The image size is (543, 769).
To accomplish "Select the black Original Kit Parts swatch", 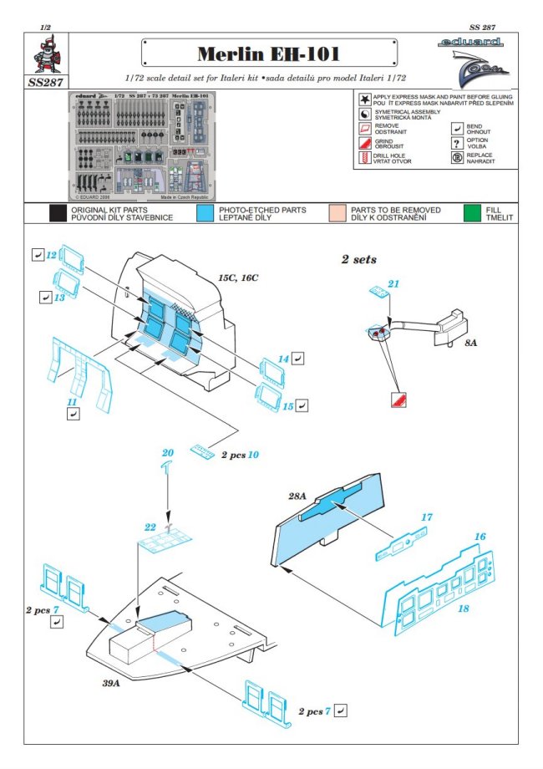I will [58, 213].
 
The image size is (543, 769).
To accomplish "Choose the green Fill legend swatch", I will [474, 213].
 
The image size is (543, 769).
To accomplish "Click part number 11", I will [73, 402].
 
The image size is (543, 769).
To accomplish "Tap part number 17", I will [426, 518].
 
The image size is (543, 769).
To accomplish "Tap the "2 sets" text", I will [358, 260].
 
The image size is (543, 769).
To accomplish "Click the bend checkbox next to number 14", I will [299, 358].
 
